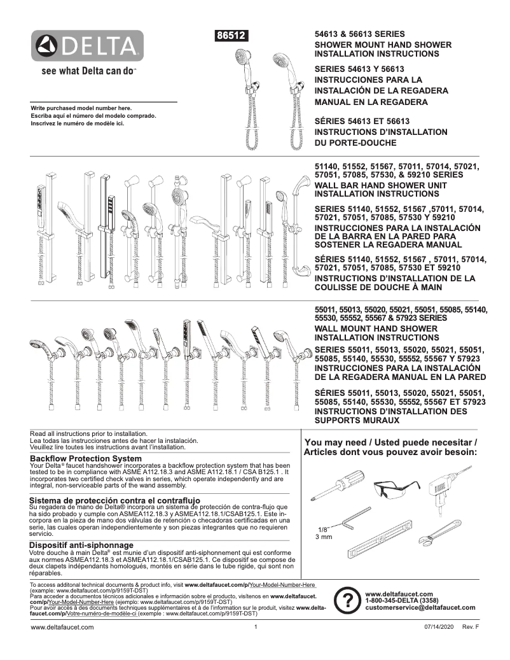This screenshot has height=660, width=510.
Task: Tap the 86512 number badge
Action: pyautogui.click(x=233, y=36)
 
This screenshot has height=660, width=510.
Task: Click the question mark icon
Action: pyautogui.click(x=347, y=600)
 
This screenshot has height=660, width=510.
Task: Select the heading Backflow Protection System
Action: pyautogui.click(x=86, y=458)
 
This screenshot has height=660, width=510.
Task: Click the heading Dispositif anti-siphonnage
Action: pyautogui.click(x=81, y=545)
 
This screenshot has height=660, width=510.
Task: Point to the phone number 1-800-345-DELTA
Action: pyautogui.click(x=402, y=600)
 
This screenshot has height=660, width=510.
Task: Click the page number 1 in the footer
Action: pyautogui.click(x=255, y=627)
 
